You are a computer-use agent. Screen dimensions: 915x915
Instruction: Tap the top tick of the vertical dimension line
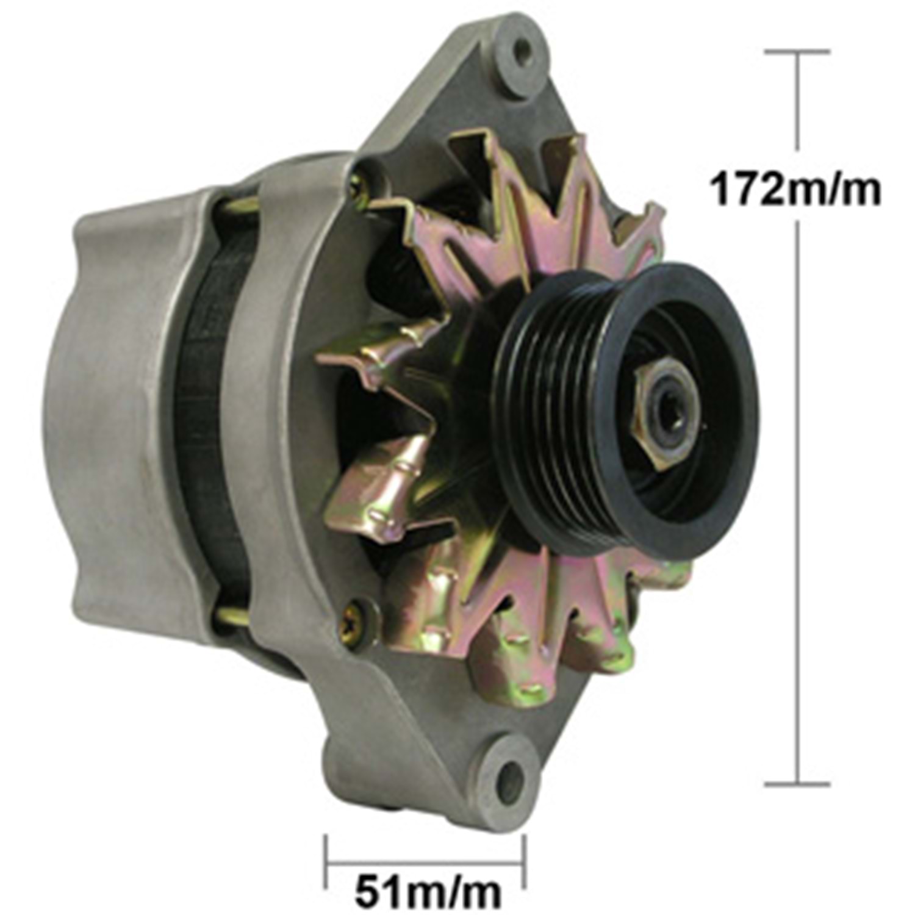tap(797, 52)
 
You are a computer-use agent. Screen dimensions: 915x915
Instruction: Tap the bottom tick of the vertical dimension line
tap(797, 783)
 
